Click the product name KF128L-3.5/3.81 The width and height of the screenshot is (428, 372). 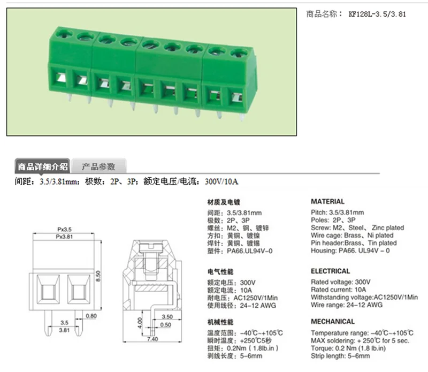(377, 14)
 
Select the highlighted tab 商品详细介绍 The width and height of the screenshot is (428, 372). (42, 166)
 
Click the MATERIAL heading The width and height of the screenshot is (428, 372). (328, 202)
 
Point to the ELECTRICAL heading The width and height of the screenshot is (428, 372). (331, 271)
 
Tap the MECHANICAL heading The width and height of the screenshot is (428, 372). (333, 322)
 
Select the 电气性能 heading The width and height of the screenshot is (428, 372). (220, 271)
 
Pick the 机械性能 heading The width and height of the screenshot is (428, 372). (220, 322)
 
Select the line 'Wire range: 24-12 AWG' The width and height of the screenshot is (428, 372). (347, 305)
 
